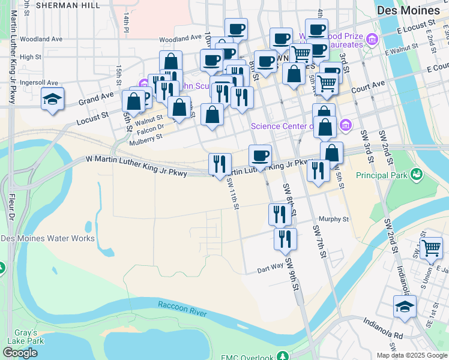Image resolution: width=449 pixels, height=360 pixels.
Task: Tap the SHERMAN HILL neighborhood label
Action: pyautogui.click(x=68, y=5)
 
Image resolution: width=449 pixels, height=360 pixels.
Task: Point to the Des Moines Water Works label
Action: pyautogui.click(x=48, y=238)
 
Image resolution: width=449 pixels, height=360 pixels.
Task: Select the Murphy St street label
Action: pyautogui.click(x=334, y=220)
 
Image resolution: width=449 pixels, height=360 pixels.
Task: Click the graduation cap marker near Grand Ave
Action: pyautogui.click(x=52, y=99)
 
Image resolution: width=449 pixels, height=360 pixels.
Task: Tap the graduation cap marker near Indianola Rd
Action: pyautogui.click(x=405, y=307)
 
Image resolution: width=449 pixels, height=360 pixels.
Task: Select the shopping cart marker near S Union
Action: pyautogui.click(x=431, y=248)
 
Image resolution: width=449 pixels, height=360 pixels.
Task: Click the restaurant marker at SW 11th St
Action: pyautogui.click(x=220, y=164)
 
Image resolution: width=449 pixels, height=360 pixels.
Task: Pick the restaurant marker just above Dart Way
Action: pyautogui.click(x=285, y=238)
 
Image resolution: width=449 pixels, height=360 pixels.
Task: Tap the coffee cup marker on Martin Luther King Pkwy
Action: pyautogui.click(x=260, y=156)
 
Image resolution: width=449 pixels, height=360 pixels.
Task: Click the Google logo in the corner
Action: pyautogui.click(x=20, y=353)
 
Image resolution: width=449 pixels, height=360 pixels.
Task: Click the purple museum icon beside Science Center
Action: pyautogui.click(x=345, y=126)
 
